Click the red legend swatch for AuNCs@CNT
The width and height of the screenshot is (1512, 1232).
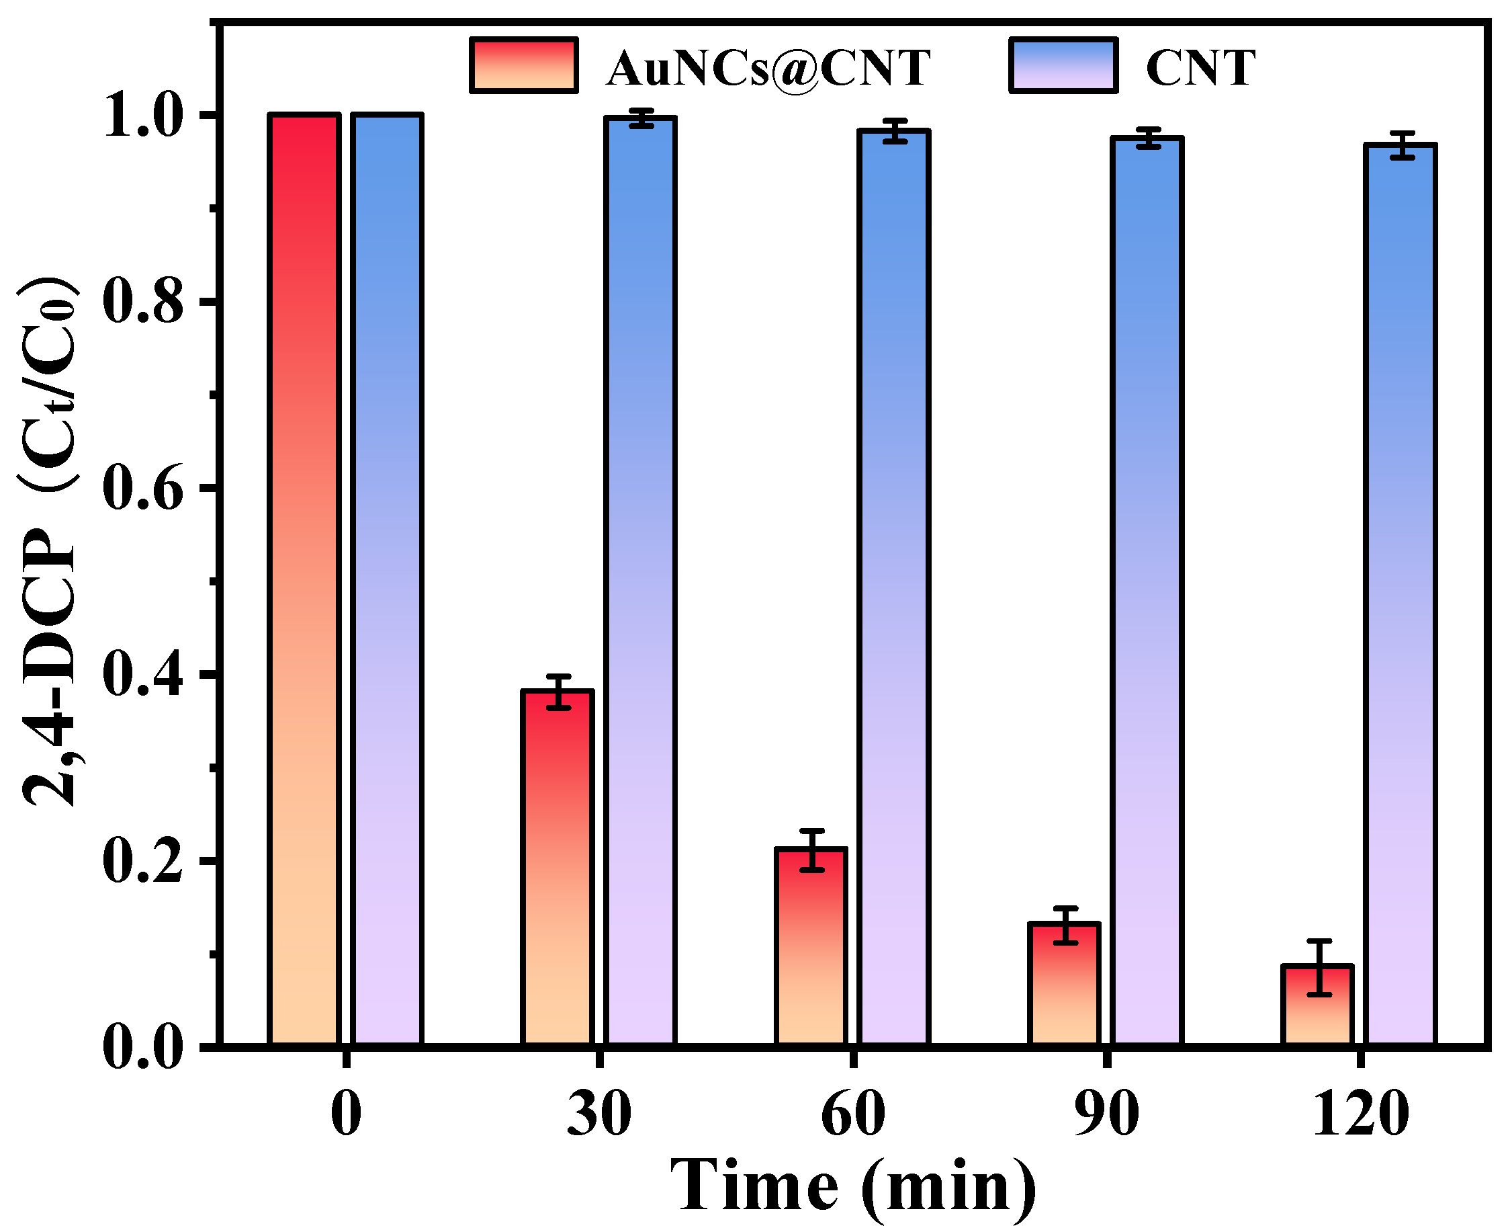tap(523, 65)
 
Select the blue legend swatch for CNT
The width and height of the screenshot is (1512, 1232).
tap(1064, 65)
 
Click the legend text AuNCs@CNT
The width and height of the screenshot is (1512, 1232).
tap(767, 68)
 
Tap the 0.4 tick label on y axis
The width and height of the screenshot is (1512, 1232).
tap(142, 675)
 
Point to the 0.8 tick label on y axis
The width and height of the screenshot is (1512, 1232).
tap(142, 302)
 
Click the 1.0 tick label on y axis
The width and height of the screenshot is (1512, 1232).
tap(142, 116)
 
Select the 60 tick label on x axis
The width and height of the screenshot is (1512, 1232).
tap(852, 1114)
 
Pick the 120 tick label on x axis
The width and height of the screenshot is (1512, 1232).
tap(1360, 1114)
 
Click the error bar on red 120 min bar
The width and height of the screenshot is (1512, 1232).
tap(1319, 968)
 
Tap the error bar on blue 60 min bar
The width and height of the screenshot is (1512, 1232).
tap(895, 131)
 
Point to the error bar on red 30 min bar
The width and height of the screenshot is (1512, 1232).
tap(559, 692)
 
